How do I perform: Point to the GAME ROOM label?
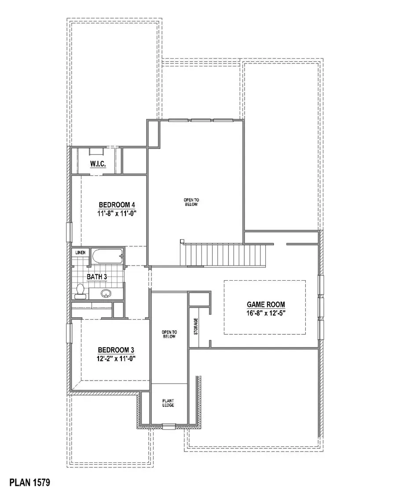pos(265,304)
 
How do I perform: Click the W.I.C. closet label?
pos(97,164)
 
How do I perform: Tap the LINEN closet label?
pos(80,252)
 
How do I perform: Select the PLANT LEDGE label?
pos(169,402)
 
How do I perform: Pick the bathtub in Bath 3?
pos(107,255)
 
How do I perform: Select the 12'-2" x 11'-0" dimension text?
pos(116,359)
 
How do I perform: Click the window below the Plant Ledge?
pos(169,426)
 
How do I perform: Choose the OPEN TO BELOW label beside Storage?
pos(169,334)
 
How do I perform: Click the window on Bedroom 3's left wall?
pos(69,333)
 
